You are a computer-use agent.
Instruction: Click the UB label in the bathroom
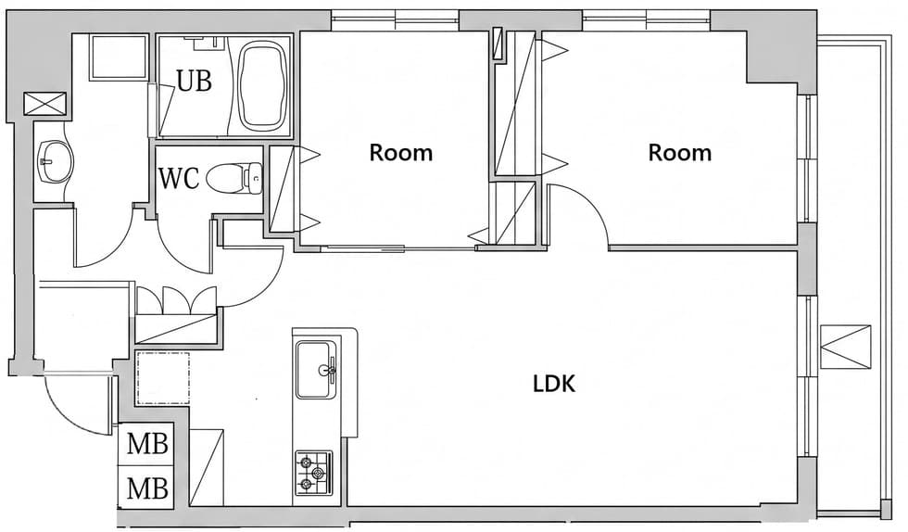[x=194, y=82]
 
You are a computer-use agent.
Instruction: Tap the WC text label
[x=179, y=179]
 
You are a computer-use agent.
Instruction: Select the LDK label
[x=554, y=384]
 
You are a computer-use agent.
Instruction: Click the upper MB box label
[x=147, y=445]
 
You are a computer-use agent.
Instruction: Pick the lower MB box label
[x=147, y=488]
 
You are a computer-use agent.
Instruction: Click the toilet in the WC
[x=234, y=179]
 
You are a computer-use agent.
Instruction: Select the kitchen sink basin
[x=316, y=370]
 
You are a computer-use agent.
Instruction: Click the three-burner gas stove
[x=314, y=474]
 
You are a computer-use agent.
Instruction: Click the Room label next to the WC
[x=400, y=153]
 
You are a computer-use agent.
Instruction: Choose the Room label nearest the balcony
[x=679, y=153]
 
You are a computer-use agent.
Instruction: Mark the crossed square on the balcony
[x=845, y=348]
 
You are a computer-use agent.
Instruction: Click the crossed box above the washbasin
[x=45, y=105]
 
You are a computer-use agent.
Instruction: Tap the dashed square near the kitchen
[x=163, y=378]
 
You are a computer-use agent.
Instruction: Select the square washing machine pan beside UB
[x=120, y=57]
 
